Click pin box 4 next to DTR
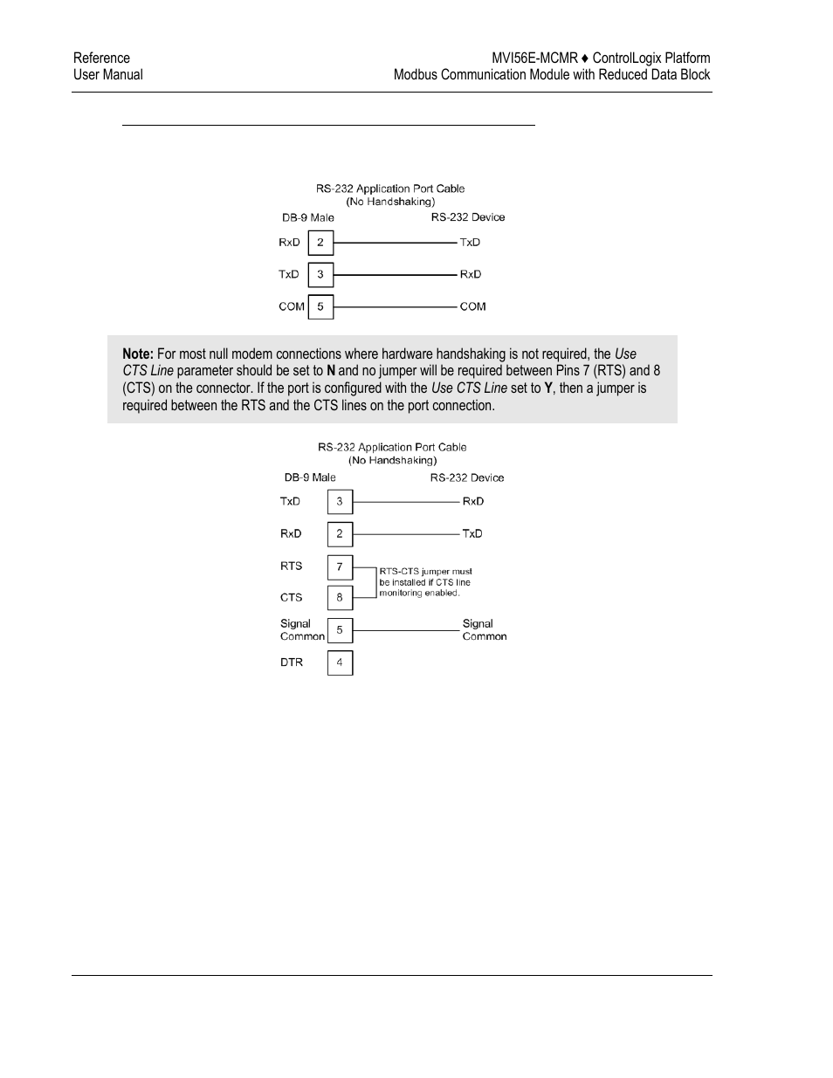[x=340, y=663]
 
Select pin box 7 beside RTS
[x=340, y=566]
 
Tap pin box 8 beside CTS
[x=340, y=598]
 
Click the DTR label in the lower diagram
[x=292, y=663]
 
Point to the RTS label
[x=291, y=566]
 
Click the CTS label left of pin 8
[x=291, y=598]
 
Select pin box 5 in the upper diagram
[x=320, y=306]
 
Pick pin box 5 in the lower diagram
[x=340, y=630]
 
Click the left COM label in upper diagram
[x=292, y=306]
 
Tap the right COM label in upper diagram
[x=472, y=306]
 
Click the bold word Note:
[x=138, y=354]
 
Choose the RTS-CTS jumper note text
[x=425, y=582]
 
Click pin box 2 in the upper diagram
[x=320, y=243]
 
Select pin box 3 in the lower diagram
[x=340, y=502]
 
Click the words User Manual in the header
[x=108, y=75]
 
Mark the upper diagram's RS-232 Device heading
[x=467, y=217]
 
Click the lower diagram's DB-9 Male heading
[x=310, y=477]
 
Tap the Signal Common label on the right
[x=484, y=630]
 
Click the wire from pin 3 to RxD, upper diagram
[x=395, y=275]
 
